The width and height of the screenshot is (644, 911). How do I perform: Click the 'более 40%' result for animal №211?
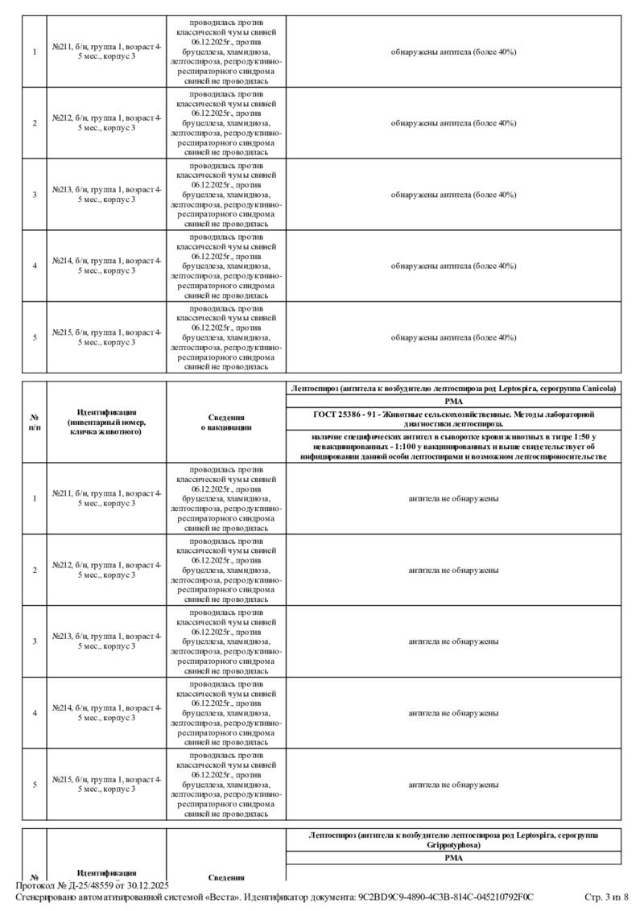pos(453,52)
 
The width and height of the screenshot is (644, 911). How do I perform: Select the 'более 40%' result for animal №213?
pos(453,195)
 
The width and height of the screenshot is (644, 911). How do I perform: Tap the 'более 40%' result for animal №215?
pos(453,337)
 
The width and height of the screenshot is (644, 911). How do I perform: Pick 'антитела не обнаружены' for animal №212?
pos(453,570)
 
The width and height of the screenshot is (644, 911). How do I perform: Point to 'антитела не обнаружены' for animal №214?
pos(453,713)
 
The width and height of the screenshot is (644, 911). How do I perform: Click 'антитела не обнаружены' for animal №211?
pos(453,498)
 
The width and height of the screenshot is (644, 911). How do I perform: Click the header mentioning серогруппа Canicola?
pos(453,389)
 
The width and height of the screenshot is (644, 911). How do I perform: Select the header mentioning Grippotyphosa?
pos(453,840)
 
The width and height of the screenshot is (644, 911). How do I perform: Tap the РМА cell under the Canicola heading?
pos(453,401)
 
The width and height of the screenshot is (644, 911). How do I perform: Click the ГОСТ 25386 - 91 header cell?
pos(453,418)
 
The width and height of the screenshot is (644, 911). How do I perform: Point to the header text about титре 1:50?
pos(453,445)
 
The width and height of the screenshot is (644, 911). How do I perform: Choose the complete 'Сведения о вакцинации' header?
pos(226,423)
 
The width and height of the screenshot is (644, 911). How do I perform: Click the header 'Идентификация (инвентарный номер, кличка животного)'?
pos(107,422)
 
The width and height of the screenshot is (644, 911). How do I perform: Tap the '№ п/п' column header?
pos(35,423)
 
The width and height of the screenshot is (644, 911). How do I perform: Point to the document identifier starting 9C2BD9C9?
pos(446,897)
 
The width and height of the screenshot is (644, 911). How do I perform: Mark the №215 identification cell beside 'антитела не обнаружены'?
pos(107,784)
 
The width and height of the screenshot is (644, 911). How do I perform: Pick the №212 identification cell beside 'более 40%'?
pos(107,123)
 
